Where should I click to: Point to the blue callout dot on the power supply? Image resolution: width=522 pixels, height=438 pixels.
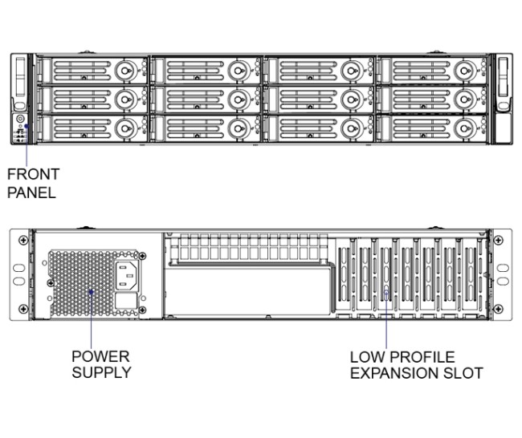(x=91, y=293)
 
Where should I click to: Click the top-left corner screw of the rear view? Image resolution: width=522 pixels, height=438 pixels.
(x=32, y=239)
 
